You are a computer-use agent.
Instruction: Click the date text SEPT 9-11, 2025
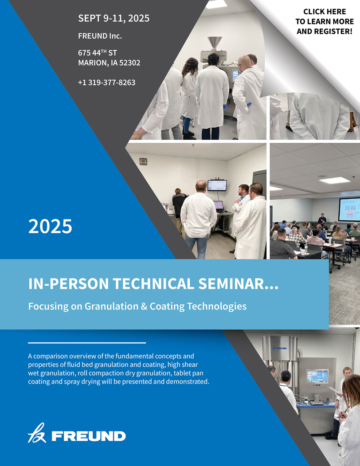coord(113,19)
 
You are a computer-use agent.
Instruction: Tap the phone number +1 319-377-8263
coord(107,82)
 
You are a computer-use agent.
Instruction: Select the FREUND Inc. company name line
coord(100,36)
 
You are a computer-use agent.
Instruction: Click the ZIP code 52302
coord(129,63)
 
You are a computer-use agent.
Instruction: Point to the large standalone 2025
coord(50,227)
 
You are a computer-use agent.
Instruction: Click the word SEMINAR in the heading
coord(238,283)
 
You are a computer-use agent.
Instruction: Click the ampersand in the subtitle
coord(144,306)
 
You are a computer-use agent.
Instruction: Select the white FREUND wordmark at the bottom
coord(89,436)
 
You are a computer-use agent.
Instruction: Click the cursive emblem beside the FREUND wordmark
coord(37,433)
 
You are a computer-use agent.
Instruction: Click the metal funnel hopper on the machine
coord(215,44)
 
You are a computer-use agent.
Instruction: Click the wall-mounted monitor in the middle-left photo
coord(217,185)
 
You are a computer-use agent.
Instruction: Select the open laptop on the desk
coord(219,206)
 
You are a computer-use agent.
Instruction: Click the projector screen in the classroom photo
coord(349,209)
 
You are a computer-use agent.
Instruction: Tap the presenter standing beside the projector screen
coord(322,219)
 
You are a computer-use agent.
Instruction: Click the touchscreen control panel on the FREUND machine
coord(317,376)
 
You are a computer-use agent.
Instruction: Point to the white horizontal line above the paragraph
coord(87,343)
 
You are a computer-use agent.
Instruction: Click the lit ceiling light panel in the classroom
coord(334,180)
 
